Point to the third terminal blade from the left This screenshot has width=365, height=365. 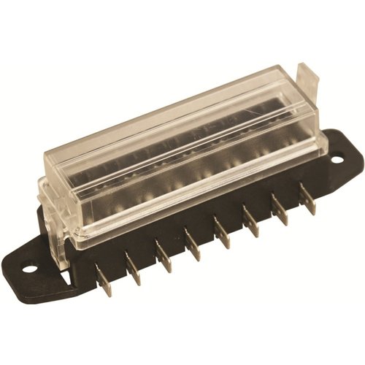click(x=164, y=259)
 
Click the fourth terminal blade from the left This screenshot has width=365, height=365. click(x=193, y=244)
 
